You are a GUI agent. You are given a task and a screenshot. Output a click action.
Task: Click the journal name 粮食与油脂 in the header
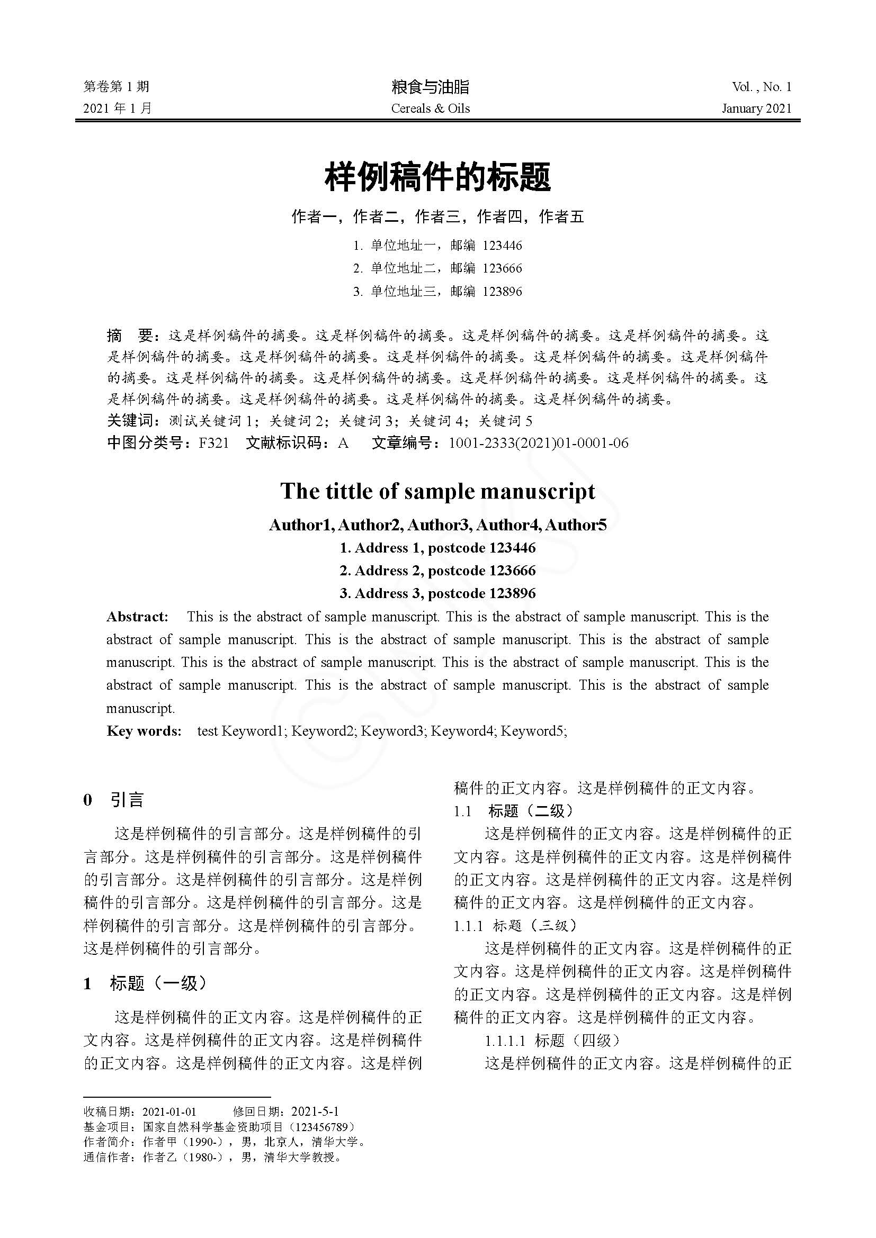430,87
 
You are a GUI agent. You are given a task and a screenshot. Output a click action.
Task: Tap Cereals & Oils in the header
431,109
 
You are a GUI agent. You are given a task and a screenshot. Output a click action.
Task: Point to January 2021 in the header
756,109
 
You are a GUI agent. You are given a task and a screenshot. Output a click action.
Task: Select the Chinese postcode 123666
502,268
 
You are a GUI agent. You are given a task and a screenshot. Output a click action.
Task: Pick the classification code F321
214,443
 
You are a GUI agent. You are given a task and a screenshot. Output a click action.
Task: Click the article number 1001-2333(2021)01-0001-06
538,443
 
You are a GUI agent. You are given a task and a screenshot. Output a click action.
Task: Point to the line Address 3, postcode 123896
437,594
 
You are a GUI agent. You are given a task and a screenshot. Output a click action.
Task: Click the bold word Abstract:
138,617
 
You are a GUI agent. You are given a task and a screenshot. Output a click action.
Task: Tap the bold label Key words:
144,731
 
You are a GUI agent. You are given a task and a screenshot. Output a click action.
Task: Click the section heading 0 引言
114,800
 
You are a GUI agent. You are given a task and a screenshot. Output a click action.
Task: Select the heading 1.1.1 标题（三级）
515,926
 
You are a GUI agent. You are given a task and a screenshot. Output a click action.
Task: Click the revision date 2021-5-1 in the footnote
315,1112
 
